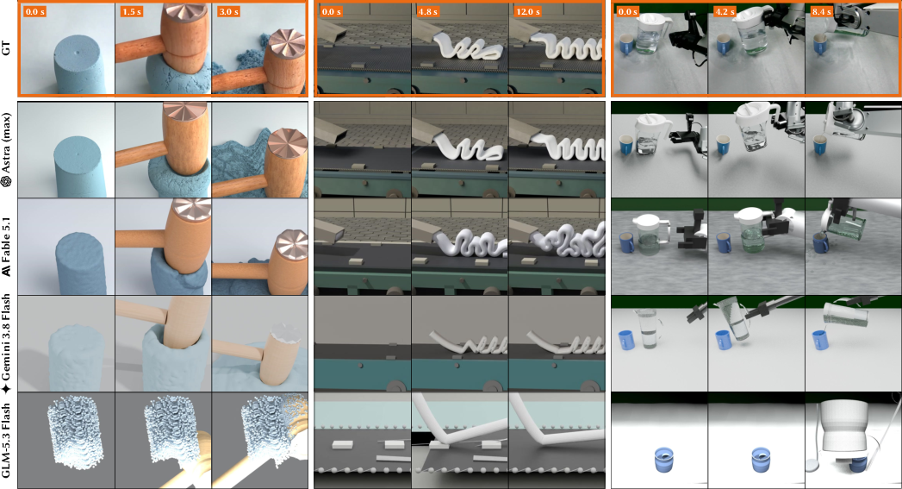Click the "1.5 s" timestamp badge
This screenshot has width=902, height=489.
click(x=132, y=11)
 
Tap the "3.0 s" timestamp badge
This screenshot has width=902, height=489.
click(x=228, y=11)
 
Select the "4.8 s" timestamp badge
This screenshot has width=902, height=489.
click(x=427, y=11)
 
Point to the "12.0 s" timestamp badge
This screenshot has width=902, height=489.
click(x=527, y=11)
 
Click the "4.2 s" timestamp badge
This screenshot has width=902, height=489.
click(x=724, y=11)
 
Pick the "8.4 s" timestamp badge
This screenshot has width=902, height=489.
click(x=822, y=11)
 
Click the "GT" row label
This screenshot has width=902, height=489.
click(x=6, y=48)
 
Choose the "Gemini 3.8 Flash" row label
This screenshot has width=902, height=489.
click(x=6, y=344)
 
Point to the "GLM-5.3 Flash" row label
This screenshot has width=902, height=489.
click(x=6, y=440)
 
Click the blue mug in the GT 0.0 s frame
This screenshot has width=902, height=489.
click(x=626, y=44)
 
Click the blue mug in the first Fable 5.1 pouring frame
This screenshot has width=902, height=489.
click(x=626, y=243)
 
